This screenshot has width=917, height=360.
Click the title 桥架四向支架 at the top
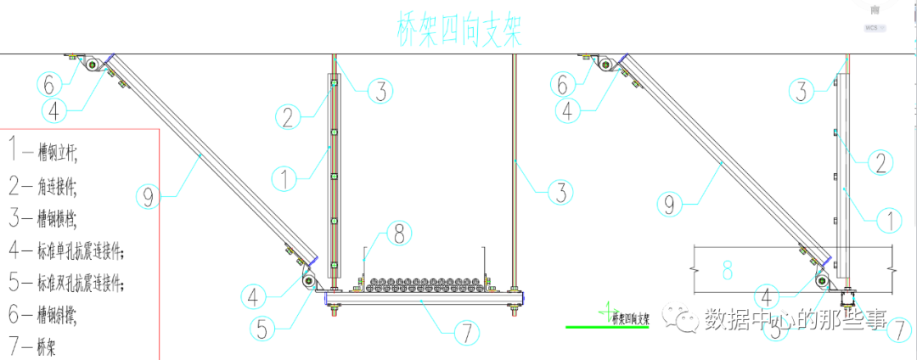pos(458,31)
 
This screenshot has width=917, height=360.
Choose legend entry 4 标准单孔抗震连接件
pos(68,250)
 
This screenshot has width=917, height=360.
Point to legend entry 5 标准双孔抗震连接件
pos(68,283)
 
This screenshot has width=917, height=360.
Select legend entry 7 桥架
pos(34,347)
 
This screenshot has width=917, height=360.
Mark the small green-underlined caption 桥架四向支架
pos(628,318)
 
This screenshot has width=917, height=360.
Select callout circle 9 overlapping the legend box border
pos(148,198)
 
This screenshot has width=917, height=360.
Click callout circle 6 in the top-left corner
pos(49,84)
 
